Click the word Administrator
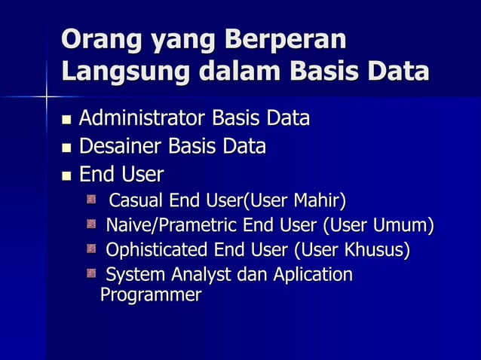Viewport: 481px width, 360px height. [x=142, y=119]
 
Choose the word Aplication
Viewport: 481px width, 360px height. [x=313, y=274]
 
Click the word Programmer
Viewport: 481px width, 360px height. [x=150, y=294]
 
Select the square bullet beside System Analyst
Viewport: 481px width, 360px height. [x=91, y=273]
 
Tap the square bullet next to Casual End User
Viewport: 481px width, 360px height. [x=91, y=200]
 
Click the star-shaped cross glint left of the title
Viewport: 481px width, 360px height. [x=47, y=96]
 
